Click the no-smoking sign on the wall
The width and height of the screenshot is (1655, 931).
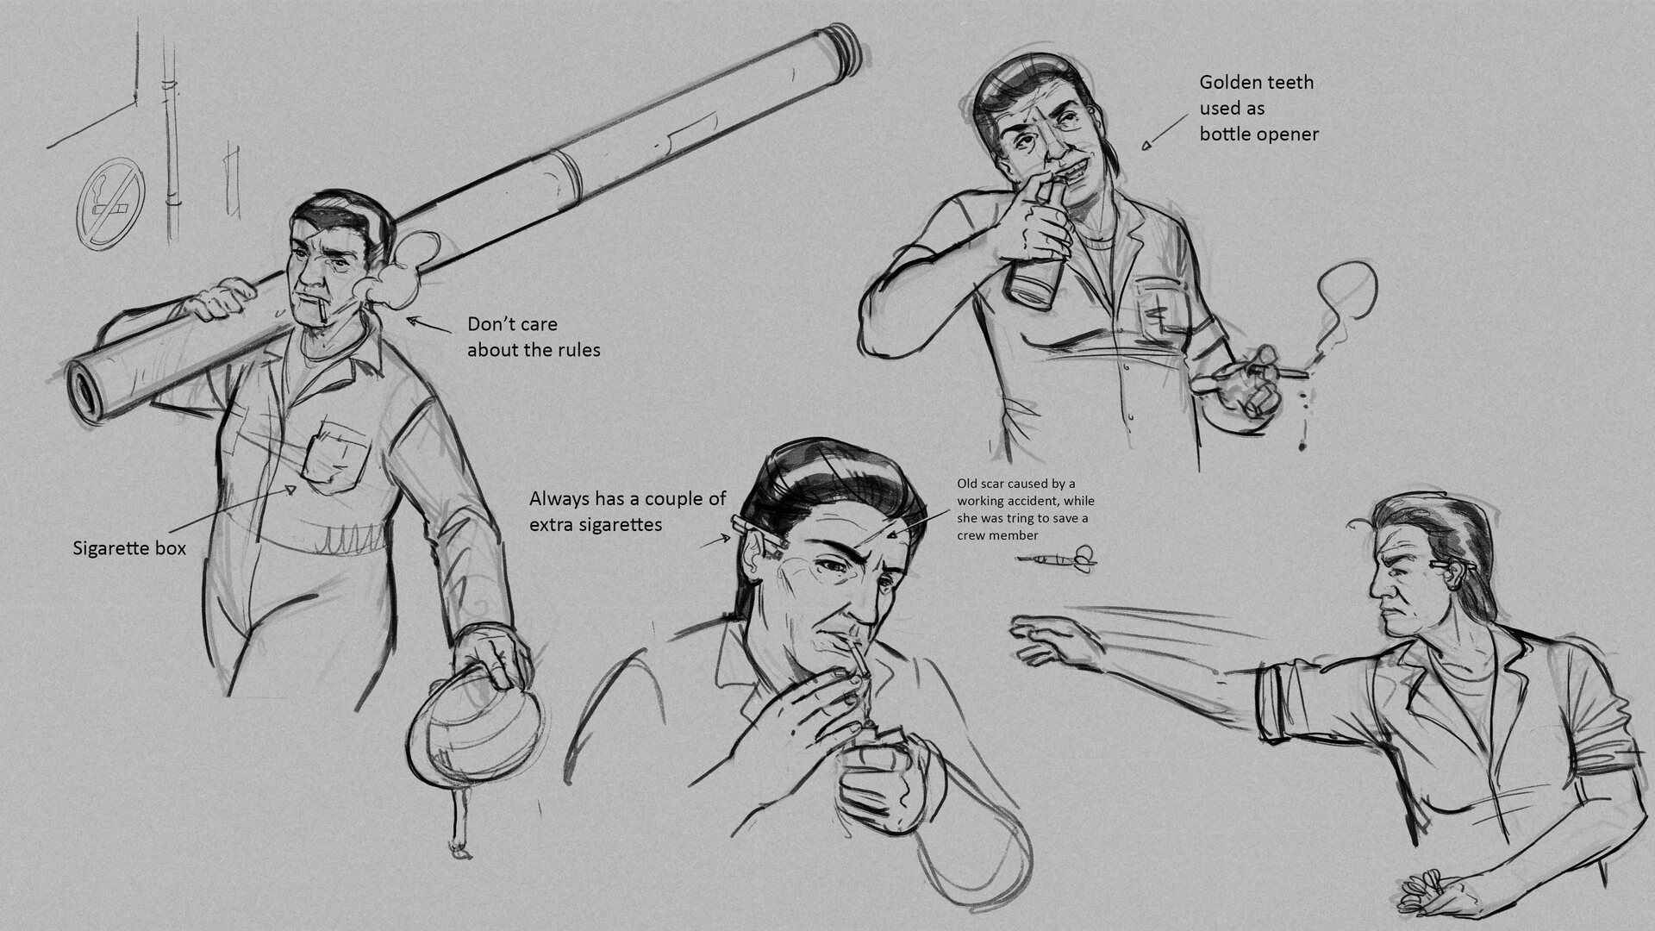(110, 204)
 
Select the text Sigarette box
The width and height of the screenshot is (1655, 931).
(129, 548)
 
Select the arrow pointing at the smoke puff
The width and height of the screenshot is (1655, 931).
(429, 325)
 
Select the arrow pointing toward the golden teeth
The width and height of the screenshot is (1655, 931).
(1165, 132)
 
